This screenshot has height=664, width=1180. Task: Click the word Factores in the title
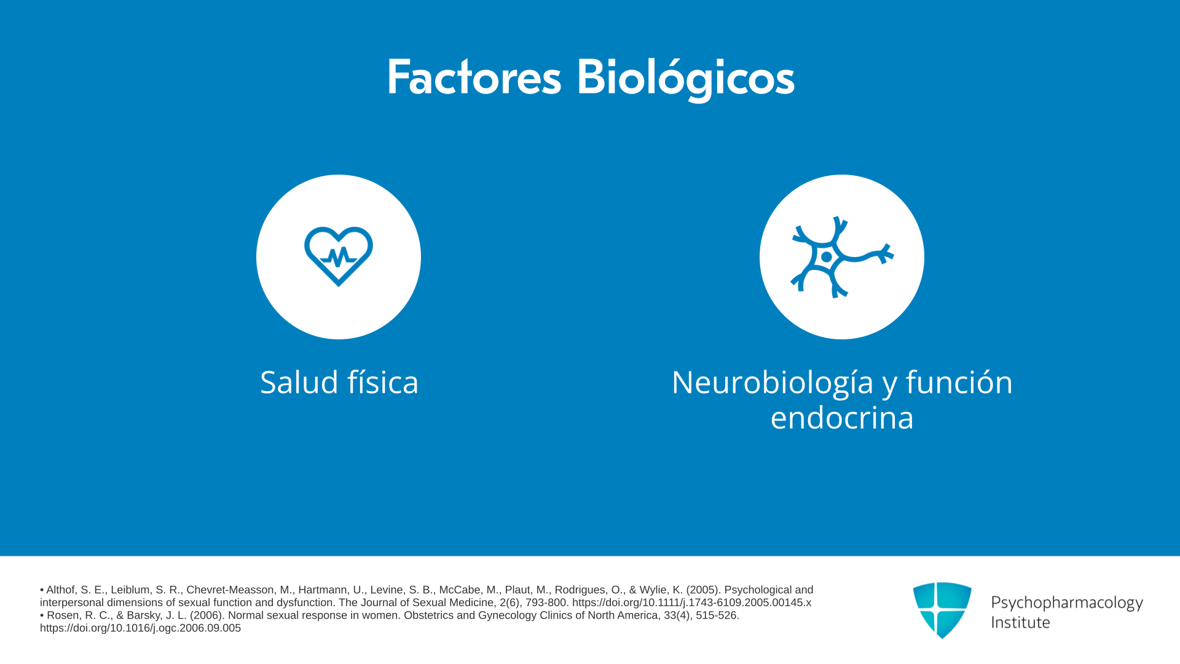tap(474, 77)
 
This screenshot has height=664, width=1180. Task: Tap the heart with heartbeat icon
tap(339, 256)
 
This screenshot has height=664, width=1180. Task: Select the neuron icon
tap(842, 257)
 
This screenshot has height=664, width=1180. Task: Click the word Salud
tap(299, 382)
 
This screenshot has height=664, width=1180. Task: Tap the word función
tap(959, 382)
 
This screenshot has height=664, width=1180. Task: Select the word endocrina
tap(842, 417)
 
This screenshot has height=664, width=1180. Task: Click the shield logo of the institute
tap(942, 610)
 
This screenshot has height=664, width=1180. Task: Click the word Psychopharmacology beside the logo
tap(1067, 603)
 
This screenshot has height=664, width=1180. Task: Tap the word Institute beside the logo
tap(1020, 622)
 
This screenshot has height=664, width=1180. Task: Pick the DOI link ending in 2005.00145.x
tap(691, 603)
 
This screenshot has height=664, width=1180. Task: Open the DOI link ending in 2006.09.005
tap(140, 628)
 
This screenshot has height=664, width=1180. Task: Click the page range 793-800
tap(546, 603)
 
